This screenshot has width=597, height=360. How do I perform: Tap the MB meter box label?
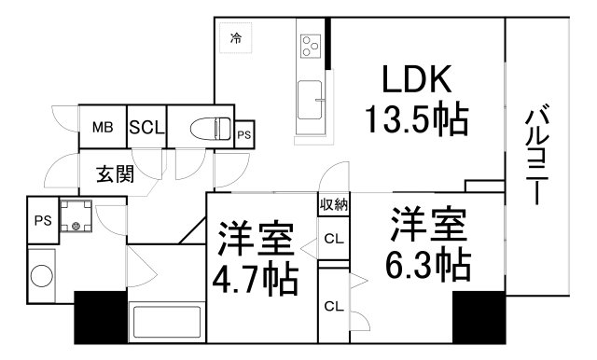pyautogui.click(x=102, y=129)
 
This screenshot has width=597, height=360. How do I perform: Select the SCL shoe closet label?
pyautogui.click(x=146, y=129)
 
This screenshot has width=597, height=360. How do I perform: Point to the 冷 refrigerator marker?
pyautogui.click(x=237, y=38)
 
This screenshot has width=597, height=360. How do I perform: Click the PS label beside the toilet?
pyautogui.click(x=243, y=135)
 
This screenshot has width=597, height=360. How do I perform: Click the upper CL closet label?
pyautogui.click(x=332, y=240)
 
